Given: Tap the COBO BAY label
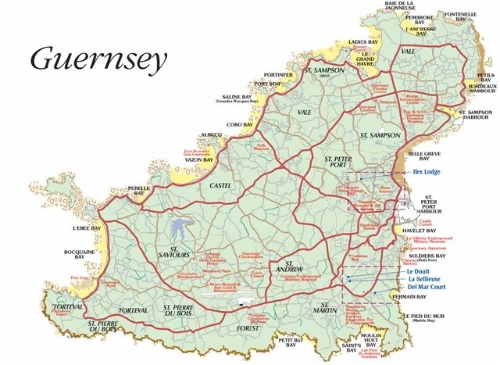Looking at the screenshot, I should [239, 124].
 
